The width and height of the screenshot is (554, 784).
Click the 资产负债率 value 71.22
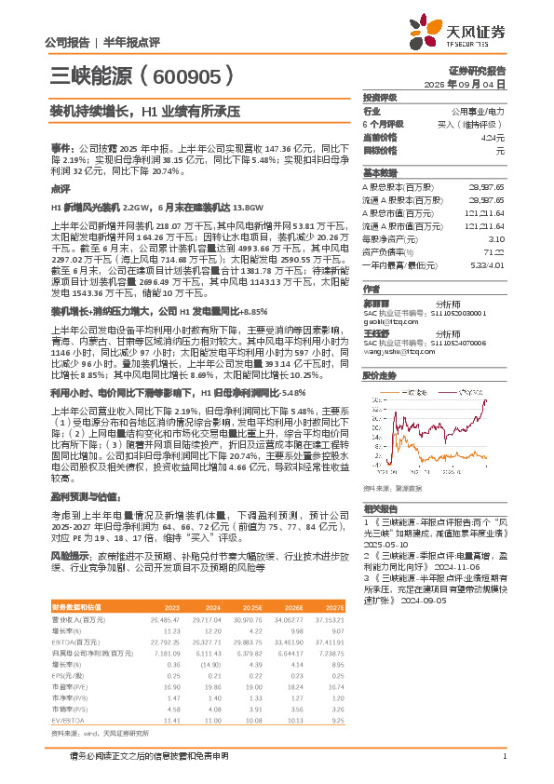pos(493,251)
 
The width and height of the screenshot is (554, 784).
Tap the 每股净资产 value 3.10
pos(495,239)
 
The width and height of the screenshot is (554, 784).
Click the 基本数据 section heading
pos(379,172)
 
